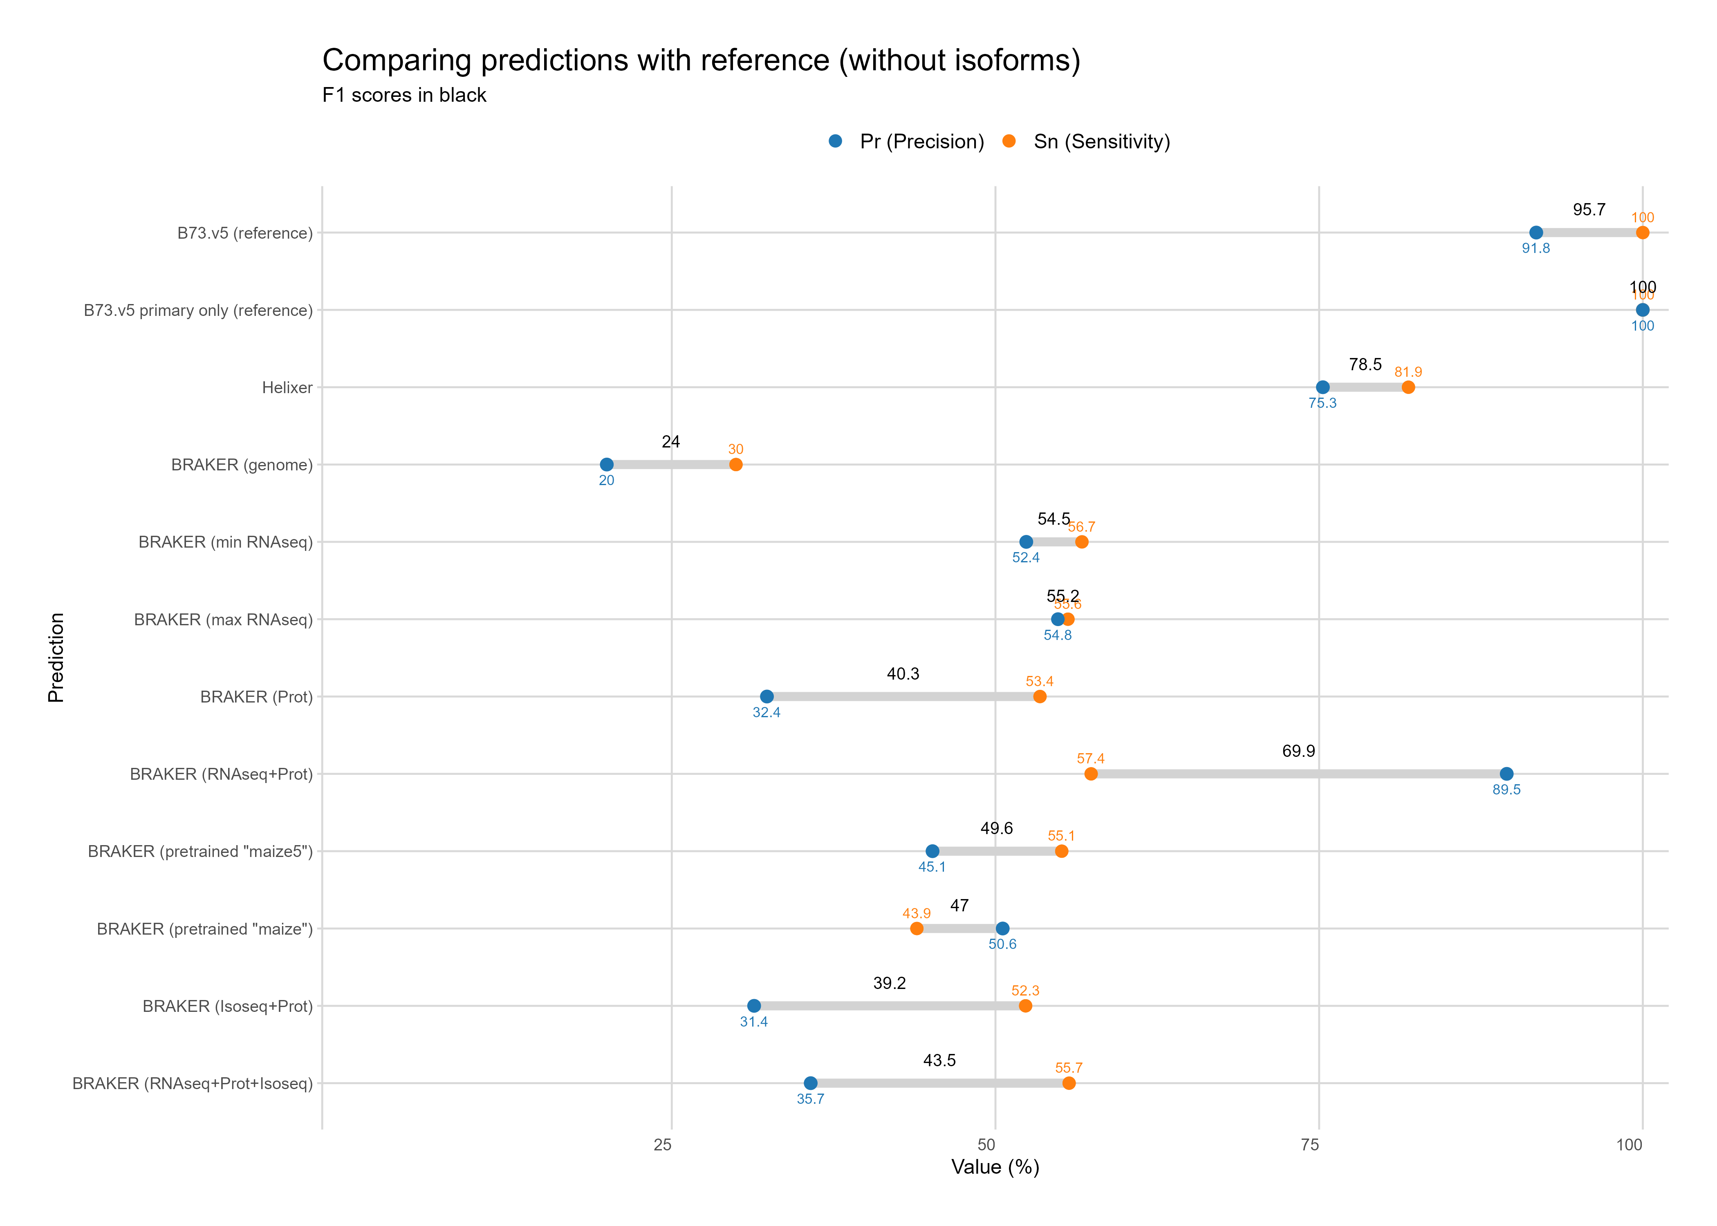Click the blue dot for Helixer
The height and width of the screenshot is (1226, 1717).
[x=1322, y=387]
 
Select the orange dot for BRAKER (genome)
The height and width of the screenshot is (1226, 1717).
[x=735, y=464]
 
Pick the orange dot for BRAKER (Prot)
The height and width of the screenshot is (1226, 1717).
[x=1040, y=696]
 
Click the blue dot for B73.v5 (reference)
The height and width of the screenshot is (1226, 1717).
[x=1536, y=233]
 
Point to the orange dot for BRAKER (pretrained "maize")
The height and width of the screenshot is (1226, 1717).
[x=916, y=928]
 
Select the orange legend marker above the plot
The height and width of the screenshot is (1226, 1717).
[x=1009, y=141]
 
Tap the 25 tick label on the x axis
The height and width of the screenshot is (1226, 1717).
[x=662, y=1145]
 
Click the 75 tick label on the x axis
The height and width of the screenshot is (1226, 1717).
[x=1310, y=1145]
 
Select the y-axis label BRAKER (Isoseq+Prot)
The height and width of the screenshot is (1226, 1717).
[x=227, y=1006]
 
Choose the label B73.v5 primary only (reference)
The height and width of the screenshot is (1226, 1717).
[x=198, y=310]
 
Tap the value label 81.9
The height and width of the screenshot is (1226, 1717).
[x=1408, y=372]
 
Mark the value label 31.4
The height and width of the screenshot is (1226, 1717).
[x=753, y=1021]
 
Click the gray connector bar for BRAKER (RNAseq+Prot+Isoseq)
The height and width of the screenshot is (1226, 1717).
[x=939, y=1083]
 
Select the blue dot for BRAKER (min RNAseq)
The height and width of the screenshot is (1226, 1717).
[x=1025, y=542]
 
